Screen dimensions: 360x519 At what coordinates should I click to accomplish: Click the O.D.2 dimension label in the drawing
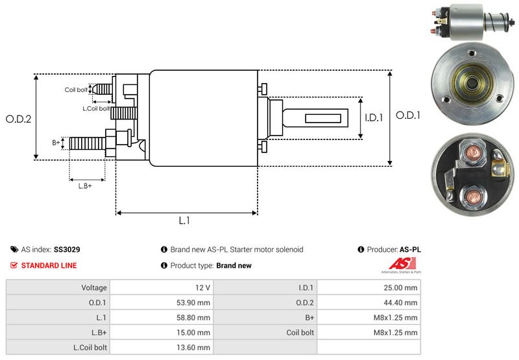19,119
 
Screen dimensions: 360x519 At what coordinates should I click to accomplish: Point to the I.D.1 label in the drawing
374,117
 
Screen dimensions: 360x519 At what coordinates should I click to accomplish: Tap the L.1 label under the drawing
184,221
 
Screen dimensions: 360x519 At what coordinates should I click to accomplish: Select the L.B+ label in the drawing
85,186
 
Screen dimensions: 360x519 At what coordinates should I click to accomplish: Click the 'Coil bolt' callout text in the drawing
75,90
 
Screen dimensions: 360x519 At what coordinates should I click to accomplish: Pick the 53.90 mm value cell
195,302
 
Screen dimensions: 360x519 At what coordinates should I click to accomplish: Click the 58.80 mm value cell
195,317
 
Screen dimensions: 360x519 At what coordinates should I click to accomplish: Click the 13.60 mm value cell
195,347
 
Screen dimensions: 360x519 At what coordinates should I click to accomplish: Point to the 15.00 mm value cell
195,332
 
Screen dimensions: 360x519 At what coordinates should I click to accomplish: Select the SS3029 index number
67,249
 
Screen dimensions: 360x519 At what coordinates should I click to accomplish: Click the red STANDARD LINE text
49,265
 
